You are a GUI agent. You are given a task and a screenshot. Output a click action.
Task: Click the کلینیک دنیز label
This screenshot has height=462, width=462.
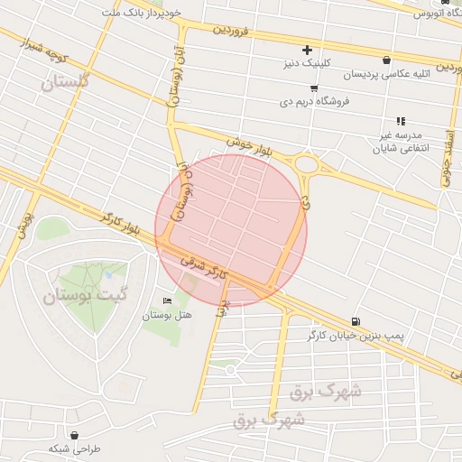click(x=307, y=63)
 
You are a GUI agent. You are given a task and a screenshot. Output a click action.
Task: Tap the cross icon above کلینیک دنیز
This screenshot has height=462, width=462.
click(x=307, y=49)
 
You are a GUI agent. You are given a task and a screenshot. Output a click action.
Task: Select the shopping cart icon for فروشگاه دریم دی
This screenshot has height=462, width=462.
click(x=313, y=88)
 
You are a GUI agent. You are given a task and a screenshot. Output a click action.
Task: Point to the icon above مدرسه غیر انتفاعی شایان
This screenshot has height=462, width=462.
click(x=401, y=120)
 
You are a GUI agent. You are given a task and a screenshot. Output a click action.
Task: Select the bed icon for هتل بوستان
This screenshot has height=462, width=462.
click(x=166, y=300)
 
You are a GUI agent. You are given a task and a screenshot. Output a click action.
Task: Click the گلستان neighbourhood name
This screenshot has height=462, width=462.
click(x=67, y=82)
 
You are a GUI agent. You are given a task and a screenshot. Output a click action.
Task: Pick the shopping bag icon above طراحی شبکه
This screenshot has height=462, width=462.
click(x=73, y=434)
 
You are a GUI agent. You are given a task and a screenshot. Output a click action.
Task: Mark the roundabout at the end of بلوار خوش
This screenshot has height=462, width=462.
click(x=307, y=164)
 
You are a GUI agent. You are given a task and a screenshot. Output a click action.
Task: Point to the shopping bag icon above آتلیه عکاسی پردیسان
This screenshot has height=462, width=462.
click(x=386, y=60)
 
